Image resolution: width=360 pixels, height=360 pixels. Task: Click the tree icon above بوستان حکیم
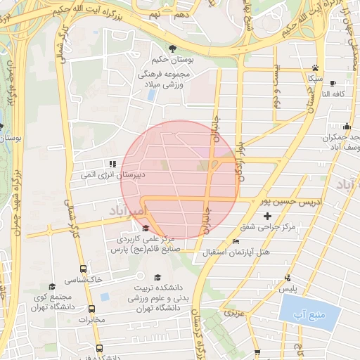pos(172,49)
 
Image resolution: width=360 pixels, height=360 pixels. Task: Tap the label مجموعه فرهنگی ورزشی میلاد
pos(172,77)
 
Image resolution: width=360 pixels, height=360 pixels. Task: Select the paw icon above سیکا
pos(315,69)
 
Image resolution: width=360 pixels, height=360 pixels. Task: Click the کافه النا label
pos(332,94)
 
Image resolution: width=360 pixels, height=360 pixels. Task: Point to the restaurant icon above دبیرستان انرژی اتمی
pos(114,164)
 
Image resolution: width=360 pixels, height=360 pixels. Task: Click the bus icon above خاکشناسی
pos(84,269)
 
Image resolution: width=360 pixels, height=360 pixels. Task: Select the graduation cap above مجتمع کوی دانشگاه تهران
pos(52,287)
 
